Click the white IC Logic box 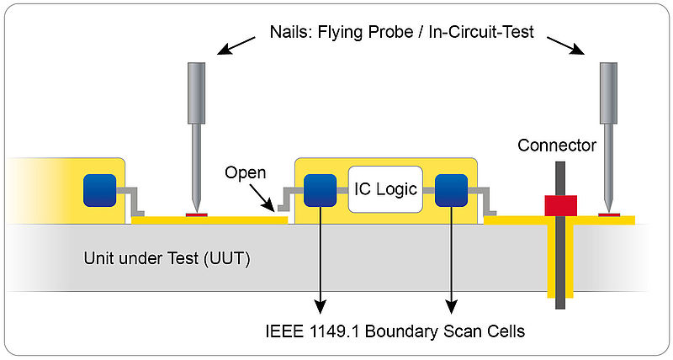coord(385,189)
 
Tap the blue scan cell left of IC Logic coord(321,190)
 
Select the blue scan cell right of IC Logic coord(451,190)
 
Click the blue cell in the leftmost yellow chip coord(99,190)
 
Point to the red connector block coord(560,205)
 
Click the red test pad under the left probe coord(197,214)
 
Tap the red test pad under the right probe coord(609,214)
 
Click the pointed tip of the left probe coord(196,210)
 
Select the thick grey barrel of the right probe coord(608,93)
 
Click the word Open coord(245,173)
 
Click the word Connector coord(557,146)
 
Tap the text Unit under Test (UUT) coord(167,259)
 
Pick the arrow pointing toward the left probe coord(236,45)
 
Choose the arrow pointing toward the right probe coord(565,45)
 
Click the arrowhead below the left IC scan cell coord(321,306)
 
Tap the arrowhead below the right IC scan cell coord(451,306)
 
